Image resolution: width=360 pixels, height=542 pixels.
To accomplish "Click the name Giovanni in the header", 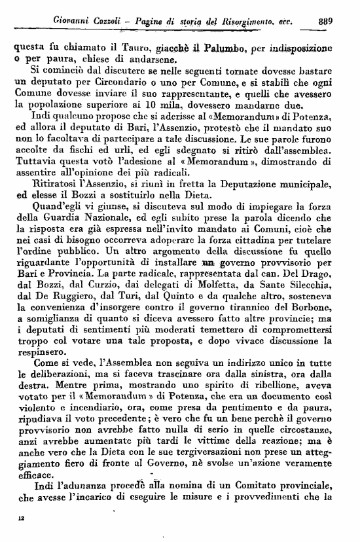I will point(71,21).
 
